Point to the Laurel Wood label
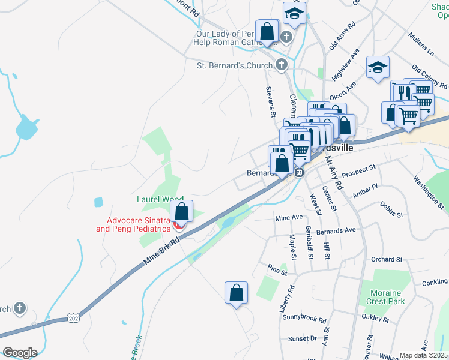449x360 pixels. [x=160, y=199]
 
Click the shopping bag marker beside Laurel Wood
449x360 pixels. [x=181, y=211]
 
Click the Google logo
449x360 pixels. [x=20, y=353]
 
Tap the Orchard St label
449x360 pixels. [x=386, y=259]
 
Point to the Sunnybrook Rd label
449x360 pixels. [x=306, y=321]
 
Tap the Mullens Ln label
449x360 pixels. [x=421, y=45]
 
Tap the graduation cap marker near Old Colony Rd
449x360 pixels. [x=378, y=67]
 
